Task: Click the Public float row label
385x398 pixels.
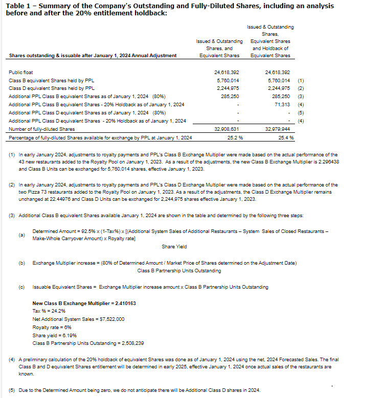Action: [x=21, y=73]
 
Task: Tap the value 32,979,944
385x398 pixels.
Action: [x=278, y=129]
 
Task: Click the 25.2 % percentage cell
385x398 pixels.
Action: [x=235, y=137]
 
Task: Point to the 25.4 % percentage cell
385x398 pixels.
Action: [x=286, y=137]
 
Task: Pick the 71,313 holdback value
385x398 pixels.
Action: [x=282, y=104]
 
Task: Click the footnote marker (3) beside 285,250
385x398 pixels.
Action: [x=301, y=97]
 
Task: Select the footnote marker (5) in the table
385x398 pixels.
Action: [x=301, y=112]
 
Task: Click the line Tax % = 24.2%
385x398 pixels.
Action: [x=49, y=311]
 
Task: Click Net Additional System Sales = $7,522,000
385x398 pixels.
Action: [x=78, y=319]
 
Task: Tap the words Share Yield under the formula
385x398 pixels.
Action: [x=174, y=247]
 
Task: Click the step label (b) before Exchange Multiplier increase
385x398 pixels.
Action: [x=21, y=263]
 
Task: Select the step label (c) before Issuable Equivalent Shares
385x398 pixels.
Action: [x=21, y=287]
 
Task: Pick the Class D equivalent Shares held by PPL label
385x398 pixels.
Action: [x=52, y=88]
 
